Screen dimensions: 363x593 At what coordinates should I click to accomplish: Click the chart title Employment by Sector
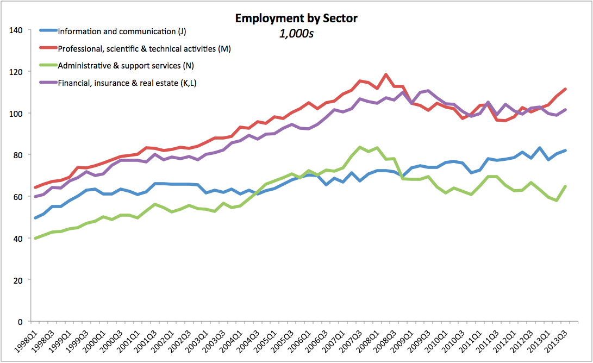tap(296, 18)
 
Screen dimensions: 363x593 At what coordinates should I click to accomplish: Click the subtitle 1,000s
tap(297, 33)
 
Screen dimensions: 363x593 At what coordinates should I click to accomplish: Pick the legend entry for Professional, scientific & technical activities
tap(144, 49)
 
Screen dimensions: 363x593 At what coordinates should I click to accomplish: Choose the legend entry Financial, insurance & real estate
tap(128, 83)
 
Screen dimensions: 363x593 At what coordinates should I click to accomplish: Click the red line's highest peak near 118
tap(386, 74)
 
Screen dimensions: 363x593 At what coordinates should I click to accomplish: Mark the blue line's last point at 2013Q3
tap(566, 151)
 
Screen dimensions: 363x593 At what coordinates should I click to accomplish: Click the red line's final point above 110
tap(566, 89)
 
